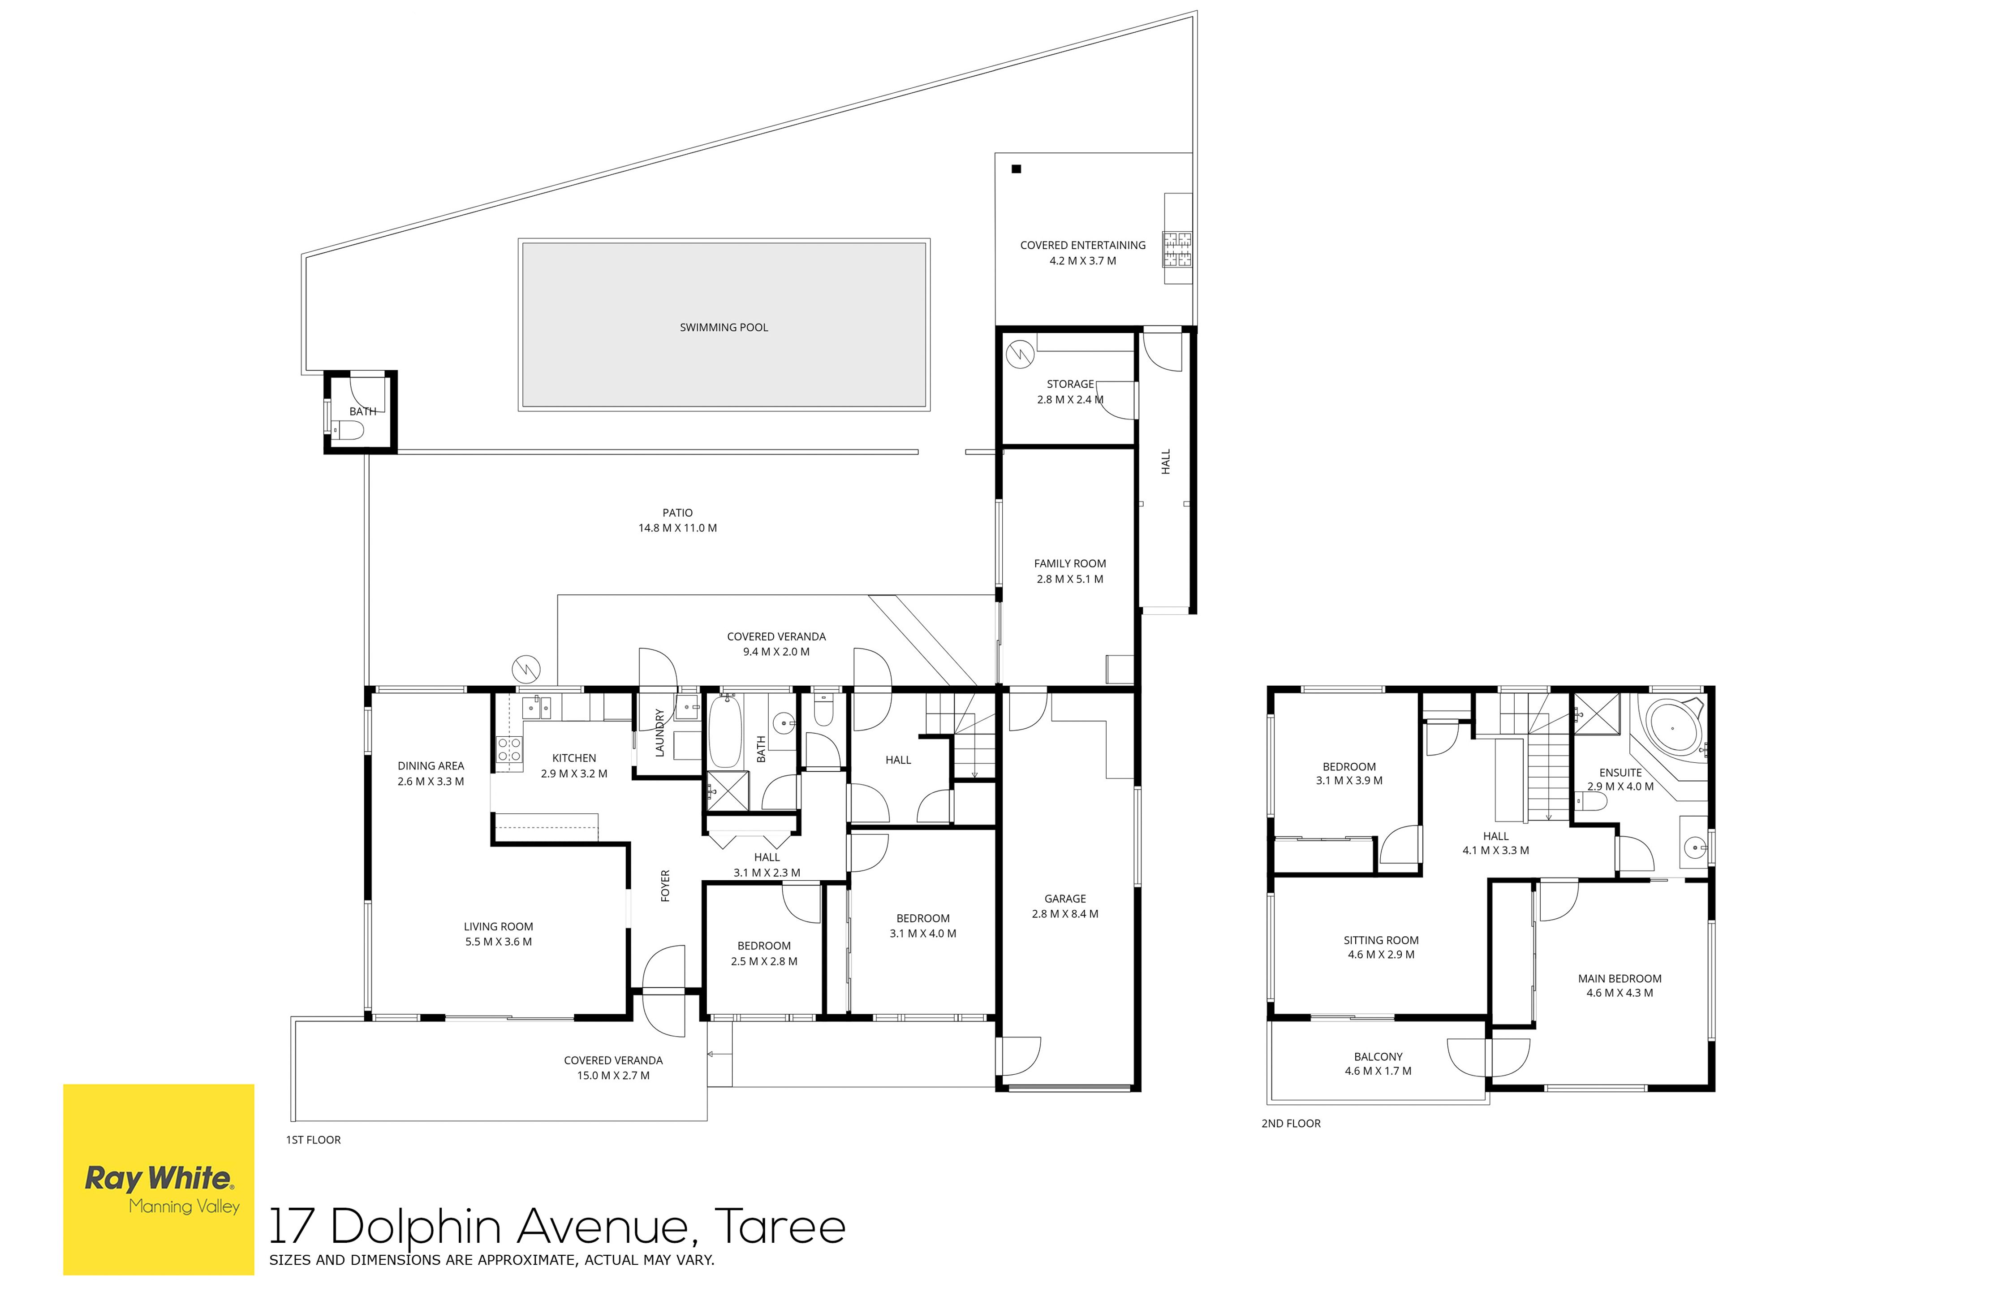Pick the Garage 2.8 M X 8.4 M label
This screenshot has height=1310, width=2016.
click(1065, 906)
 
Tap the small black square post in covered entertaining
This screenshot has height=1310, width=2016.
click(1017, 169)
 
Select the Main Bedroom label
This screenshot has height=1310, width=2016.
click(1620, 986)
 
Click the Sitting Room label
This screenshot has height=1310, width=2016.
click(1381, 947)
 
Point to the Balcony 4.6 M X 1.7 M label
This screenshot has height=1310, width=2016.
click(1378, 1064)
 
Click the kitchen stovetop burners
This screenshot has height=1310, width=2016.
click(509, 749)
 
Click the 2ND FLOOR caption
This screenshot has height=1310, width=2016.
click(1291, 1124)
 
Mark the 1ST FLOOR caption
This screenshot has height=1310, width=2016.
click(314, 1140)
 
